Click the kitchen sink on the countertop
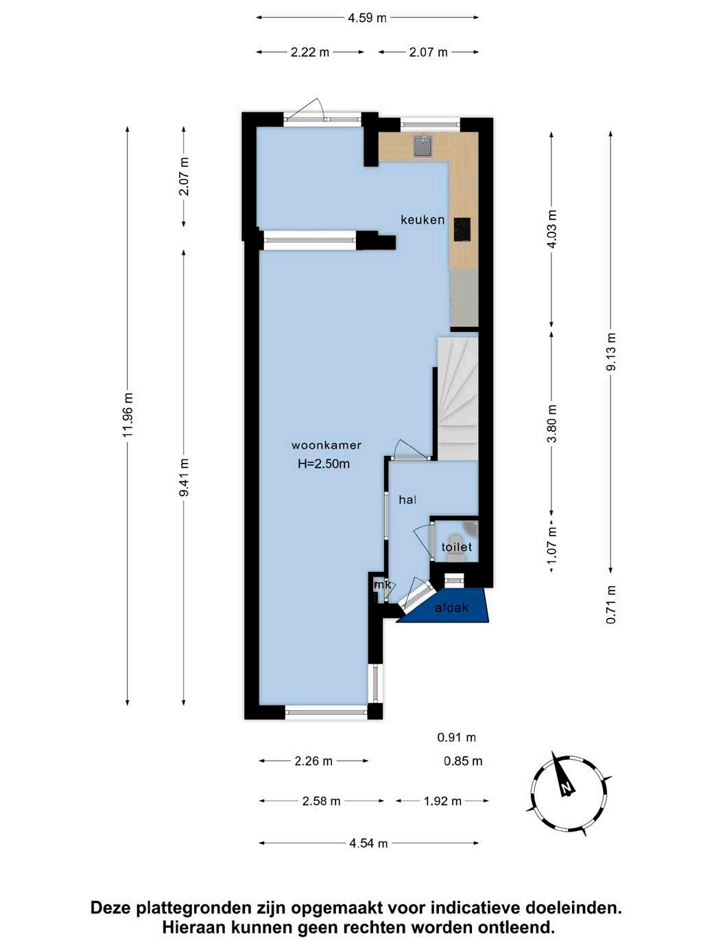click(x=423, y=146)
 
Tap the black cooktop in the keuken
click(x=462, y=229)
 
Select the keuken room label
click(x=423, y=219)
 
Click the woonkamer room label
click(x=326, y=445)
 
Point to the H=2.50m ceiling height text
click(x=323, y=464)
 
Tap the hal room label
click(x=407, y=500)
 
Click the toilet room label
click(x=457, y=547)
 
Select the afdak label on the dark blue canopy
click(x=451, y=608)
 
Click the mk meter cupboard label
click(x=383, y=585)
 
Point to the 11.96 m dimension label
click(x=128, y=415)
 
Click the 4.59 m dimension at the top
click(x=367, y=18)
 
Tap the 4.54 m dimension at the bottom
click(x=368, y=843)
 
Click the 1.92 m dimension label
click(x=442, y=801)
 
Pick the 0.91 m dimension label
click(x=457, y=737)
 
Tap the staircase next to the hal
click(x=458, y=398)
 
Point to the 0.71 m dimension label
click(x=611, y=604)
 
